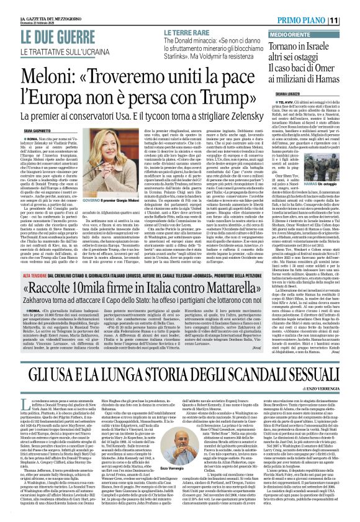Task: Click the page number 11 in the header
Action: tap(351, 20)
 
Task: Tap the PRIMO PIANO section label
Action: tap(316, 20)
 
